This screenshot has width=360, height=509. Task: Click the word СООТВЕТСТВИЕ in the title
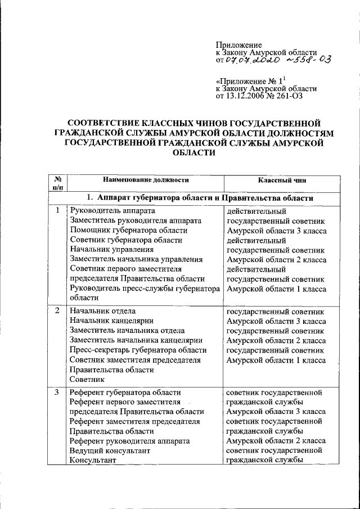click(108, 123)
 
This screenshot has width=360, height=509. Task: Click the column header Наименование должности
click(142, 180)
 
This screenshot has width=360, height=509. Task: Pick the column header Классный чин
click(282, 180)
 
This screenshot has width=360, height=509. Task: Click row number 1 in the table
click(57, 210)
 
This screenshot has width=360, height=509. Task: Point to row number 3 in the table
click(57, 392)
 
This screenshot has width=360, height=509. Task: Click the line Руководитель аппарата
click(107, 210)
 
